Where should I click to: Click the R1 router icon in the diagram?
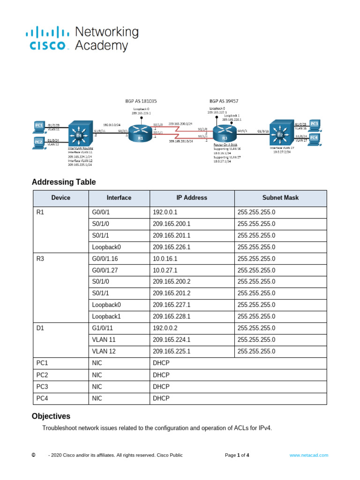[140, 131]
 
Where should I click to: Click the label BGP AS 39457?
[224, 100]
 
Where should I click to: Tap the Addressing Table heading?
[64, 182]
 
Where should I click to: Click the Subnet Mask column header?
[280, 198]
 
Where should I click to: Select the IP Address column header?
[192, 198]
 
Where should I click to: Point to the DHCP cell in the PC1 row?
[161, 363]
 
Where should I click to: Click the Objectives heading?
[51, 416]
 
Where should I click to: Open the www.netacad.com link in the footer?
[308, 455]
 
